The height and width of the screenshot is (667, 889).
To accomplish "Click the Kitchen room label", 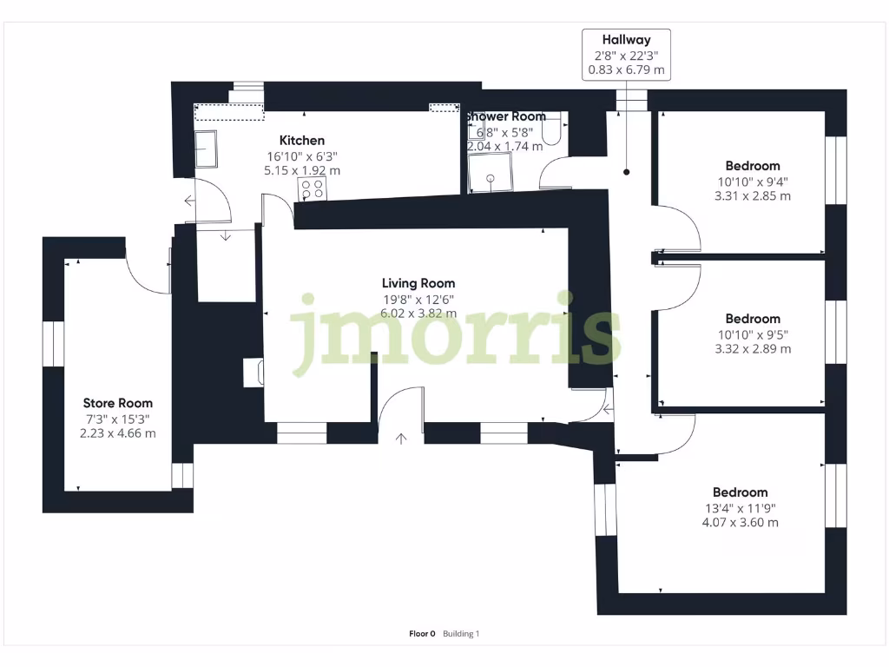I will [301, 141].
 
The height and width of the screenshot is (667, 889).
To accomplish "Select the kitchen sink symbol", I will [206, 149].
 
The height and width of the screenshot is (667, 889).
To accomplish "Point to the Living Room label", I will [418, 283].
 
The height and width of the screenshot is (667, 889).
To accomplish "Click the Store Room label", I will [117, 403].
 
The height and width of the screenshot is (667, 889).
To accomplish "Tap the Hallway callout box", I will [626, 55].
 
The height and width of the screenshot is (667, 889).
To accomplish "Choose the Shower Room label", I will [507, 116].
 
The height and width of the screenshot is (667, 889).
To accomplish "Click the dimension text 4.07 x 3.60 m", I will [740, 523].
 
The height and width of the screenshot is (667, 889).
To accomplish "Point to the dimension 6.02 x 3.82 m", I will [418, 314].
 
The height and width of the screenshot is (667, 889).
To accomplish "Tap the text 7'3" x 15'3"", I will [117, 419].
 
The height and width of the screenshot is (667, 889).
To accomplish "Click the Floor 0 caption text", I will [422, 634].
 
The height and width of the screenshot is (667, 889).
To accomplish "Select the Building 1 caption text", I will [461, 634].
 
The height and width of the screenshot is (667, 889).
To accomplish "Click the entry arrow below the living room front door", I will [401, 439].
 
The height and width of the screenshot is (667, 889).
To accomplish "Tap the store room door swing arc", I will [142, 272].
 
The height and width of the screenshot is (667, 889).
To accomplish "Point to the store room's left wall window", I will [54, 342].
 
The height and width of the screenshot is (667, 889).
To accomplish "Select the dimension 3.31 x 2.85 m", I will [752, 196].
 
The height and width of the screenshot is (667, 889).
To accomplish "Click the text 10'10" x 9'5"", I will [753, 334].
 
